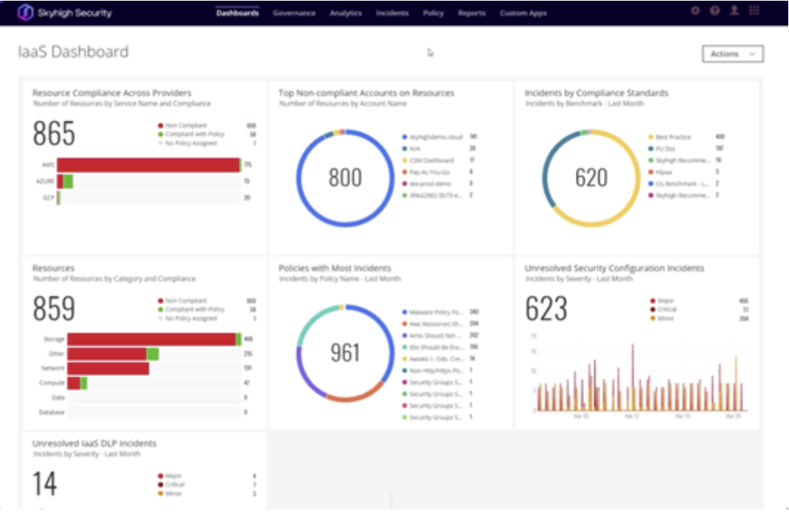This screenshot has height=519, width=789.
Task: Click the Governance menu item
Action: coord(293,13)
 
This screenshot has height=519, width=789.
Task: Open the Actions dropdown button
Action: coord(732,54)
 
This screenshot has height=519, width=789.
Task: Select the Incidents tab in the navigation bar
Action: coord(392,13)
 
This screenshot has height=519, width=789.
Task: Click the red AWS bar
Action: coord(148,165)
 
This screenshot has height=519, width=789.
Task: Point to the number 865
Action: coord(54,134)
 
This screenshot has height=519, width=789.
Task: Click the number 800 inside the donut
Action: coord(345,178)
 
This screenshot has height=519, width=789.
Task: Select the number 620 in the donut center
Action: coord(591,178)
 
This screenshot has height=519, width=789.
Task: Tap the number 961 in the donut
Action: coord(345,352)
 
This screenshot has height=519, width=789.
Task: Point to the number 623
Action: coord(546,310)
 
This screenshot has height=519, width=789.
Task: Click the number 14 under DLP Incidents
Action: coord(44,484)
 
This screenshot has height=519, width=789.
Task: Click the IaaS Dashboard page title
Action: coord(73,52)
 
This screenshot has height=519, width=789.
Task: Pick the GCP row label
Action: coord(47,198)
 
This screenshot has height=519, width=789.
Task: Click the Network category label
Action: coord(52,368)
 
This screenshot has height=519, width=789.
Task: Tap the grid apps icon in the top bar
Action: coord(754,11)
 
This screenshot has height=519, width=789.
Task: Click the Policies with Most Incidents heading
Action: coord(335,268)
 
